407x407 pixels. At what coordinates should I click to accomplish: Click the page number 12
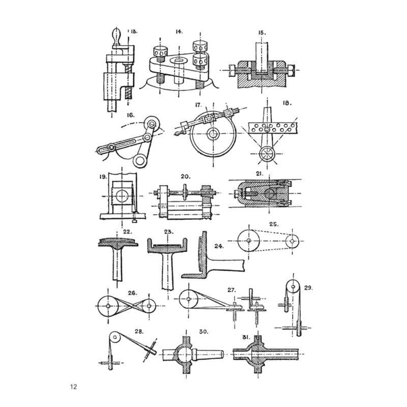coord(73,387)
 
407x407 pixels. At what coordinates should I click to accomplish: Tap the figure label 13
coord(134,32)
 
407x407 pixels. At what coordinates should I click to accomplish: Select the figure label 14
coord(179,32)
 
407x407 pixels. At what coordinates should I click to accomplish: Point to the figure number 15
coord(262,33)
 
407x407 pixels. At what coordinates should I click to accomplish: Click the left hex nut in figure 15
coord(232,70)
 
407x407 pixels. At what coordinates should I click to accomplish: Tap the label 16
coord(130,115)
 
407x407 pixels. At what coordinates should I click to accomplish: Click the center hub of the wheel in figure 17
coord(213,134)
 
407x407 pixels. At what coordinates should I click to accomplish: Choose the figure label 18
coord(287,103)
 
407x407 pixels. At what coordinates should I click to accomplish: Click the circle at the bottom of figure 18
coord(267,154)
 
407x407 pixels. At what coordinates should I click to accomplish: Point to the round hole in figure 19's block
coord(122,196)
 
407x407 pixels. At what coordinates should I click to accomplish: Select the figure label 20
coord(186,177)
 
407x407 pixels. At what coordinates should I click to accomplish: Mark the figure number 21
coord(259,173)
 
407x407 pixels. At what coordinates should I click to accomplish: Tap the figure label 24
coord(219,246)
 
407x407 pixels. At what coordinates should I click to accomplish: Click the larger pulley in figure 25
coord(249,241)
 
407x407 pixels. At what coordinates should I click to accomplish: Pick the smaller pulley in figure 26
coord(149,306)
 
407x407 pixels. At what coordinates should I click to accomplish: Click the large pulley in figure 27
coord(189,299)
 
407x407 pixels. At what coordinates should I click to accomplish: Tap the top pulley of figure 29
coord(293,287)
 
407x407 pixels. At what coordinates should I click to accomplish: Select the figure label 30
coord(203,332)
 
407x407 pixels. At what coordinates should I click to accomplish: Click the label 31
coord(246,337)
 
